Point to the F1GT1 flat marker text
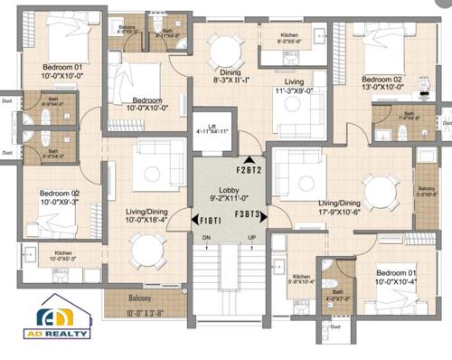211,217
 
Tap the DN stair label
206,238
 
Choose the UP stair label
251,238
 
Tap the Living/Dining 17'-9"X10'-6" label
339,207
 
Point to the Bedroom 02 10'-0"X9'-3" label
58,195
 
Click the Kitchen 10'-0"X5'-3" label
64,256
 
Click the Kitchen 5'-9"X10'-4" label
301,279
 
